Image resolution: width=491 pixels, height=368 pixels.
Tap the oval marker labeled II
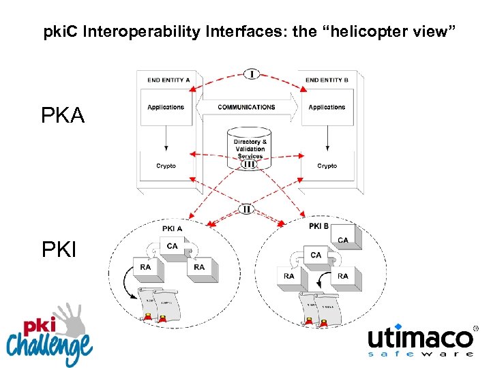[246, 209]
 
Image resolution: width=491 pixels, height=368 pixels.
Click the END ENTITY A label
[168, 80]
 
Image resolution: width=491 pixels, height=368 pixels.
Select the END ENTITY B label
[327, 80]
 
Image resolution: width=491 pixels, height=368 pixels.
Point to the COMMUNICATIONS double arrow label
[246, 107]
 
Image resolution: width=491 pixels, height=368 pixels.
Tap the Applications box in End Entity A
[166, 107]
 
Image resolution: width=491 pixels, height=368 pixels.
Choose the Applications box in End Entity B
[327, 107]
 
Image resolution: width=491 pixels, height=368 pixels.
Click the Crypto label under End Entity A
[166, 166]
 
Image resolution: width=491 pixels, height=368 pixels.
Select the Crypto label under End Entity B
[327, 166]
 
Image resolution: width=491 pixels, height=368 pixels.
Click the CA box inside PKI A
[173, 247]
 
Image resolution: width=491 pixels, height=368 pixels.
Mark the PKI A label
[173, 229]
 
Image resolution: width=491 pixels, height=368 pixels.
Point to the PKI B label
[318, 226]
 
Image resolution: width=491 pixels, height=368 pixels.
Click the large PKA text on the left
[63, 117]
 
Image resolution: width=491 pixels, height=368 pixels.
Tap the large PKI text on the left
[59, 250]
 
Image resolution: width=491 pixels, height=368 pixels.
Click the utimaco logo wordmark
[419, 338]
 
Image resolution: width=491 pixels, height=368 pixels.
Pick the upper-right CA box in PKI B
[342, 240]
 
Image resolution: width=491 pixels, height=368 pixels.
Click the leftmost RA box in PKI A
[145, 268]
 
